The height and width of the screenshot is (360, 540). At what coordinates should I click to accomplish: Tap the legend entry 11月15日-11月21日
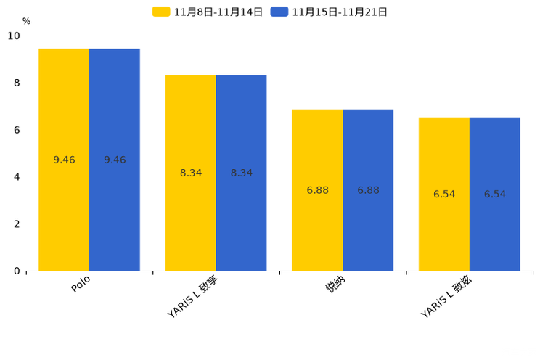[x=330, y=12]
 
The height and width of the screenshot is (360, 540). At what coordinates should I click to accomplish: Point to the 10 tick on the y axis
[x=14, y=36]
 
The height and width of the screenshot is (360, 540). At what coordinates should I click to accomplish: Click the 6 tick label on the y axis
[x=17, y=130]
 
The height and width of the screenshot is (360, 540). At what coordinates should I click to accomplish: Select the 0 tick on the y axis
[x=17, y=271]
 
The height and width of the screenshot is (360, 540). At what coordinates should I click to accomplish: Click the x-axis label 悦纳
[x=335, y=285]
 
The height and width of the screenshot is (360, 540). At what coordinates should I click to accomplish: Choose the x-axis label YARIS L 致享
[x=193, y=297]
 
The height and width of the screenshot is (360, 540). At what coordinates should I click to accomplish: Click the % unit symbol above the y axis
[x=26, y=22]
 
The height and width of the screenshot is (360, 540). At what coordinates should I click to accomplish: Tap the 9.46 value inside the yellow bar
[x=64, y=160]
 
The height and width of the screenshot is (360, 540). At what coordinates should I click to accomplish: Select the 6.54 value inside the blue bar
[x=495, y=195]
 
